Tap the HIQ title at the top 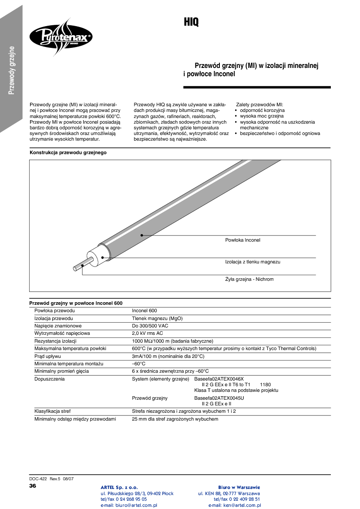click(x=191, y=22)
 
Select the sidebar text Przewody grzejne click(x=12, y=70)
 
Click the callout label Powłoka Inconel click(x=242, y=240)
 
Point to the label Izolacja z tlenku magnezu click(x=252, y=262)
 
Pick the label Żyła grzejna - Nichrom click(x=249, y=279)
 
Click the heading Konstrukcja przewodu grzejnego click(x=68, y=153)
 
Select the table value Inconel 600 click(x=144, y=311)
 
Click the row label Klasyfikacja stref click(x=52, y=411)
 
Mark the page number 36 click(x=33, y=485)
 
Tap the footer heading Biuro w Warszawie click(x=239, y=487)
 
